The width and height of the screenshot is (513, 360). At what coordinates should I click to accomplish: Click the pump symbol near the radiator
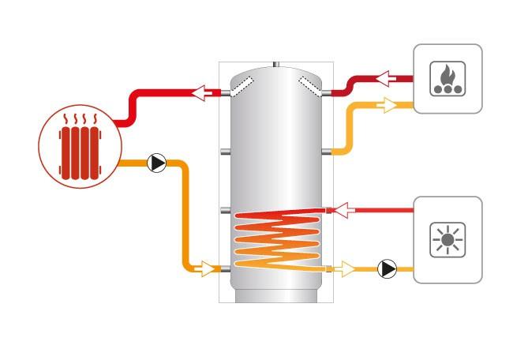point(157,163)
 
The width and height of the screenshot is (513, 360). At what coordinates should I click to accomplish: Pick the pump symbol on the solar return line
point(387,269)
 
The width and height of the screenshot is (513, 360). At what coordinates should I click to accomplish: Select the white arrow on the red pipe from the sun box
point(339,209)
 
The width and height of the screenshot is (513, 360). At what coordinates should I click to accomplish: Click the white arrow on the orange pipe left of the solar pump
point(346,269)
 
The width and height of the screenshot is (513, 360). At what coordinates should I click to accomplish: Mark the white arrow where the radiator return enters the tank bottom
point(207,269)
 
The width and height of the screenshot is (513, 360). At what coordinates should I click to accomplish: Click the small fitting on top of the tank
point(275,62)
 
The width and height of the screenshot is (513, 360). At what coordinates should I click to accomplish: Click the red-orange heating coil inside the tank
point(276,237)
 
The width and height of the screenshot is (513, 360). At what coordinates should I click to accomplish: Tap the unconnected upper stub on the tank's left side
point(225,150)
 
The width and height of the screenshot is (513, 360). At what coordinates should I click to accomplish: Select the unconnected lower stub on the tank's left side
point(225,210)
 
